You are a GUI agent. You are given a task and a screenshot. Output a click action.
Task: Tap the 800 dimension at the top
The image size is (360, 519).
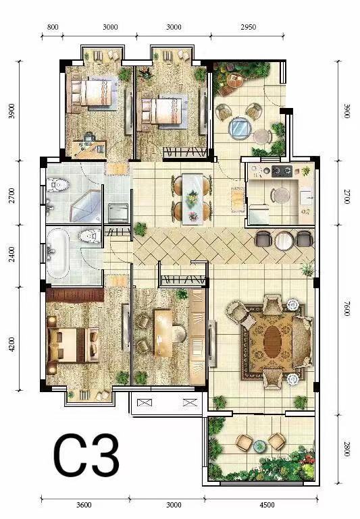(53, 27)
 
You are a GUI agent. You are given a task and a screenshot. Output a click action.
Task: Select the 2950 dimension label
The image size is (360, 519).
(248, 27)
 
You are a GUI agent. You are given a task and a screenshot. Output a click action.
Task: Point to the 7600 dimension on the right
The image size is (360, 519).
(346, 308)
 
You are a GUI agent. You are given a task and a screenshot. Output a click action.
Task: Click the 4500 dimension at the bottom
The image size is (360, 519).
(267, 505)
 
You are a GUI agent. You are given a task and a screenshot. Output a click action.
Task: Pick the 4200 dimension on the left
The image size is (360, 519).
(12, 344)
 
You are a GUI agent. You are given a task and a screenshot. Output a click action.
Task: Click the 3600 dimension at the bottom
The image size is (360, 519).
(84, 505)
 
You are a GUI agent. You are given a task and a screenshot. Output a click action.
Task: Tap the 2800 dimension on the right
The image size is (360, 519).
(346, 449)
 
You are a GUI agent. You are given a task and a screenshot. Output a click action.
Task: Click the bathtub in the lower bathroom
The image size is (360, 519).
(58, 253)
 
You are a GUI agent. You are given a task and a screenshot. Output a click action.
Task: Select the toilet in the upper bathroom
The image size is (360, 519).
(57, 186)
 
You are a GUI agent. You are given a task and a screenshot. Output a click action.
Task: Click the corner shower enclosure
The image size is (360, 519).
(85, 207)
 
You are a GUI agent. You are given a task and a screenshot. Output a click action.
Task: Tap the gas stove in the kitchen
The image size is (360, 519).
(282, 171)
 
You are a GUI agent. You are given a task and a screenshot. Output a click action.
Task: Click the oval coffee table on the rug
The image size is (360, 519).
(273, 342)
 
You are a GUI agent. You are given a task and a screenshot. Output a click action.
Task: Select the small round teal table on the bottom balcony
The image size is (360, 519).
(259, 446)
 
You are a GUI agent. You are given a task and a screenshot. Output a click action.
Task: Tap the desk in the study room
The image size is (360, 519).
(163, 333)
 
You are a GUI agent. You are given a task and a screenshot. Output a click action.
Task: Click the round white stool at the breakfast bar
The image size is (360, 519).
(284, 240)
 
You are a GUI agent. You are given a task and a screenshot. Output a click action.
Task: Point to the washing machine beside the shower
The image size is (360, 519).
(118, 213)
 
